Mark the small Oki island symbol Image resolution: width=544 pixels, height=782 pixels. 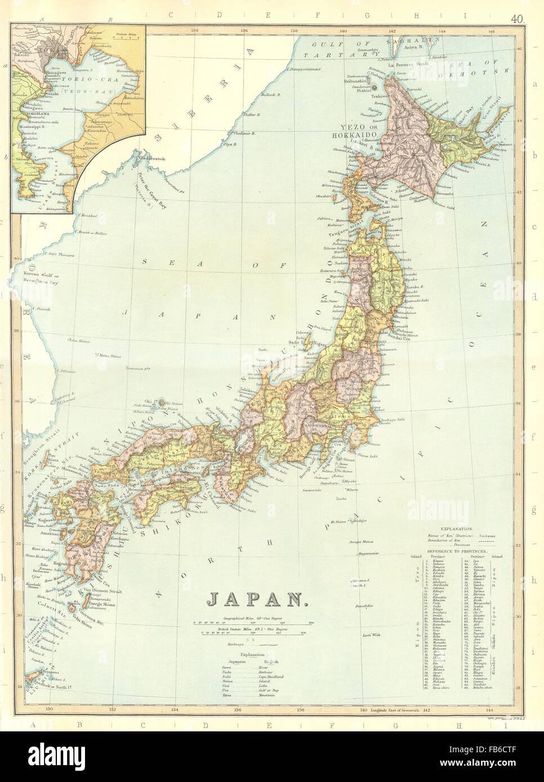(x=162, y=402)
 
